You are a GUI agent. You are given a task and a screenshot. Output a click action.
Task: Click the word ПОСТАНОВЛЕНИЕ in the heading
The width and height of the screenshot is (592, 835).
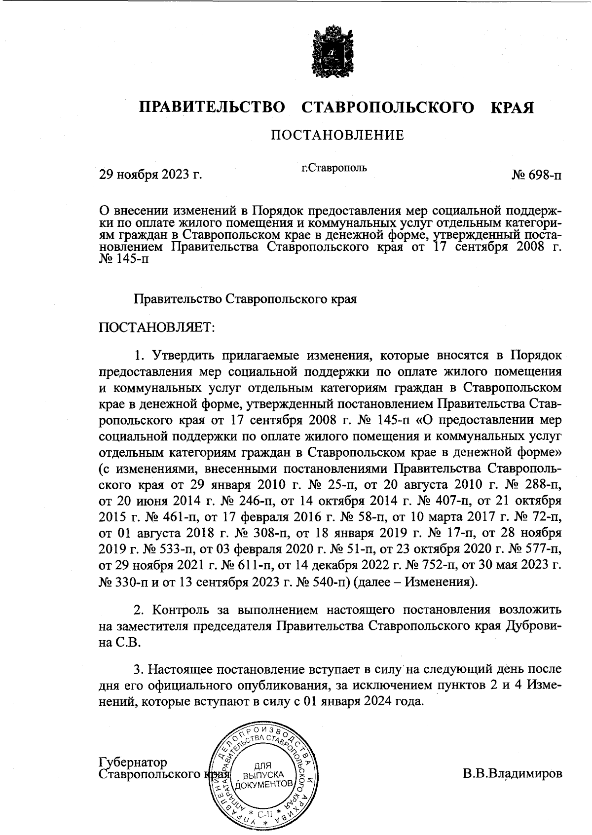point(337,135)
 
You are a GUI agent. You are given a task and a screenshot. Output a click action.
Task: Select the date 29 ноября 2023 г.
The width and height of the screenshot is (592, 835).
point(151,174)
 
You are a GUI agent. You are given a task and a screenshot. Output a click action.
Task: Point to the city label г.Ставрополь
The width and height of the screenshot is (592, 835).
point(334,168)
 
